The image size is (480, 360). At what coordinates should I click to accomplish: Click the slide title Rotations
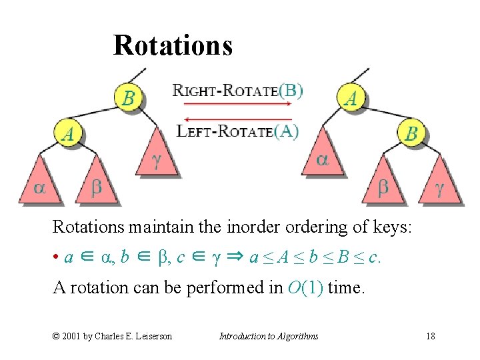point(173,45)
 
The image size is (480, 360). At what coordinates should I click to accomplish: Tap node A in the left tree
point(68,133)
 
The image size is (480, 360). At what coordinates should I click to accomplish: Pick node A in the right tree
point(351,99)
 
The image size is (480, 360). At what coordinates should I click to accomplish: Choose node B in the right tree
point(411,133)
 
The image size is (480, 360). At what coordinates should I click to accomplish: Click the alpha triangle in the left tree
point(40,183)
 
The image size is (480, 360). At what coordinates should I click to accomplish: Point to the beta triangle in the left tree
point(97,183)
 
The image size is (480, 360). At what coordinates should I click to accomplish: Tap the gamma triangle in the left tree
point(157,157)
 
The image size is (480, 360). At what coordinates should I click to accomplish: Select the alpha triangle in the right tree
point(322,157)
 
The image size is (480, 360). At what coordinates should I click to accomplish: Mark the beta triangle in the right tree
point(383,183)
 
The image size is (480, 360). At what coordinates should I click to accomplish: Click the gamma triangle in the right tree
point(439,183)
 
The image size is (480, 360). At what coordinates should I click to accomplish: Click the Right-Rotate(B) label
point(238,90)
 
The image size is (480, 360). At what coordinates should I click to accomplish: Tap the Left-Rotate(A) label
point(237,131)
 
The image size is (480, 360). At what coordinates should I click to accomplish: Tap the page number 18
point(431,336)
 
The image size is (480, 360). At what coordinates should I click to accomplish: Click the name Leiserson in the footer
point(149,336)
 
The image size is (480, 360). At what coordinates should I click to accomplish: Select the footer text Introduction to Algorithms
point(269,336)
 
